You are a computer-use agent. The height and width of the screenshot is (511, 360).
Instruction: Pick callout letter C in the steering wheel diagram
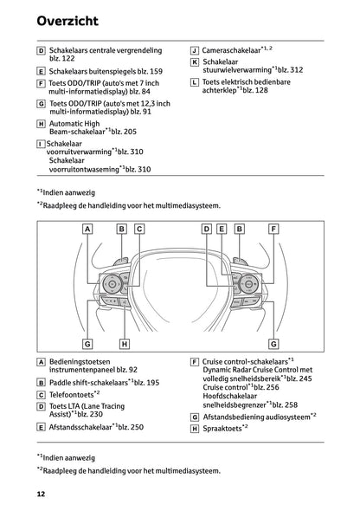pyautogui.click(x=138, y=228)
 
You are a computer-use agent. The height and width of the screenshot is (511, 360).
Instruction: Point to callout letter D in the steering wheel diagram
pyautogui.click(x=206, y=228)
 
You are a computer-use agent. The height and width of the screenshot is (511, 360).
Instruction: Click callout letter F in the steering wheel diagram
pyautogui.click(x=273, y=228)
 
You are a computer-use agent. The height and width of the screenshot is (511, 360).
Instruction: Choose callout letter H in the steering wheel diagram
pyautogui.click(x=125, y=343)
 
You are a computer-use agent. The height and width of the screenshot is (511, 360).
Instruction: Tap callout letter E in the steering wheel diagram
pyautogui.click(x=222, y=228)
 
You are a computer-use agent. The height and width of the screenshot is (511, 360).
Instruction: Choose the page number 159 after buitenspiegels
pyautogui.click(x=154, y=71)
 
